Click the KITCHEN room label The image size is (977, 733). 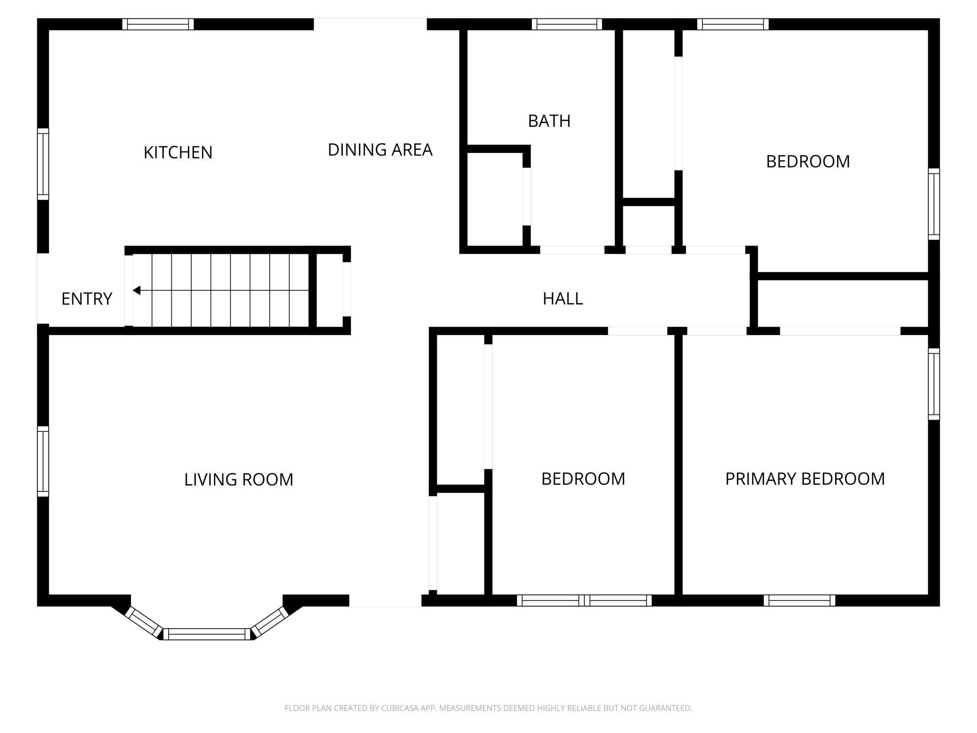178,152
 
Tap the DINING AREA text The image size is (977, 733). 380,149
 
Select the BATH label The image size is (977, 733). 549,121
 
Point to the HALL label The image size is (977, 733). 562,298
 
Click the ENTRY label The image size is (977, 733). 86,298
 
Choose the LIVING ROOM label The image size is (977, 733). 238,479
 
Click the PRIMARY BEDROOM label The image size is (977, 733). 805,478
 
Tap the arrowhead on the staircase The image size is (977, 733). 137,290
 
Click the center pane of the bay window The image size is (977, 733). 207,634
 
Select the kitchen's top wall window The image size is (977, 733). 158,24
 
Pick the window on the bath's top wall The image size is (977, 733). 566,24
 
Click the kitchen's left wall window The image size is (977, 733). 43,164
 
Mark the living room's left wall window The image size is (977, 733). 43,461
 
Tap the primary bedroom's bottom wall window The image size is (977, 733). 799,600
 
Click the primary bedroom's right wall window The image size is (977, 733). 934,383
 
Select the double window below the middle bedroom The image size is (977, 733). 584,600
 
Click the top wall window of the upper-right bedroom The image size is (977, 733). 732,24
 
